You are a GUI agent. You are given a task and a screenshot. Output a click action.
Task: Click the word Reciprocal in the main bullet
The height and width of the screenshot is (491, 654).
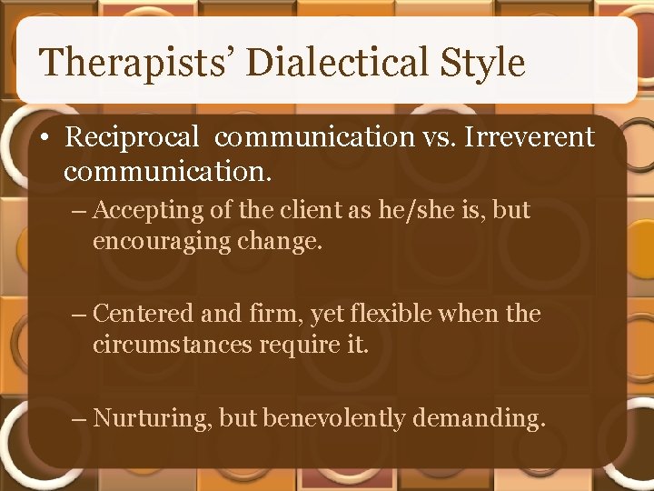click(132, 137)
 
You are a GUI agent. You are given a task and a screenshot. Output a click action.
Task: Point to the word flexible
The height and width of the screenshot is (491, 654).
click(390, 314)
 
